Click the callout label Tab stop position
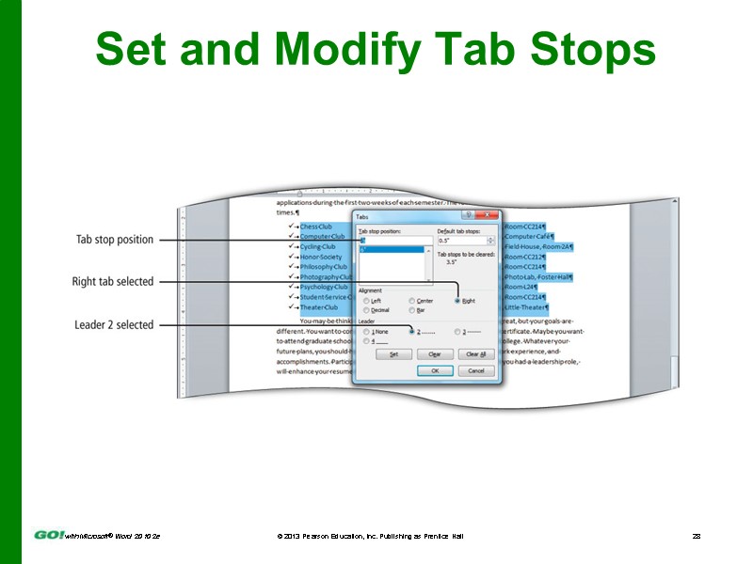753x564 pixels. (114, 240)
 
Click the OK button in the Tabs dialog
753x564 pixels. (434, 370)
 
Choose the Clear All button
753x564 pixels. (475, 354)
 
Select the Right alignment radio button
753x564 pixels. (458, 301)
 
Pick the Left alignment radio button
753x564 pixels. (366, 301)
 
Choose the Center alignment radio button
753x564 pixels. (412, 301)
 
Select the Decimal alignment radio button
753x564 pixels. (366, 309)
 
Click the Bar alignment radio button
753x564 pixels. (412, 309)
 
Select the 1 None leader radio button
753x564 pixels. (366, 332)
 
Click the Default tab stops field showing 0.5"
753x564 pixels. (465, 241)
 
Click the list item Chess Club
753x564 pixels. (316, 227)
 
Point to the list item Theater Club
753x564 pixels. (318, 307)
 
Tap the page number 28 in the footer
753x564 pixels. (697, 535)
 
